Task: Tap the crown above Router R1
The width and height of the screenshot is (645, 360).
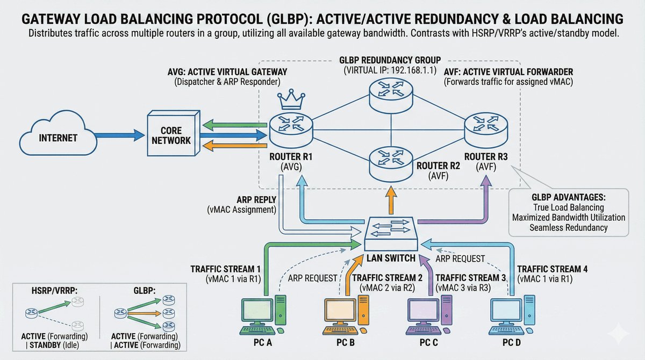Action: tap(291, 99)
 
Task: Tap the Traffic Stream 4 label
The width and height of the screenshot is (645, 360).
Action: tap(548, 269)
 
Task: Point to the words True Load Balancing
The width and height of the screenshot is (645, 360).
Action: tap(568, 207)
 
